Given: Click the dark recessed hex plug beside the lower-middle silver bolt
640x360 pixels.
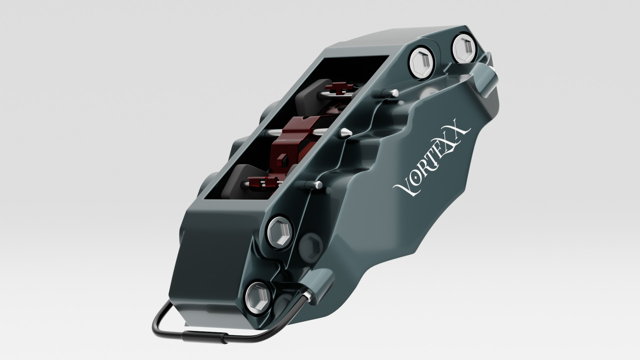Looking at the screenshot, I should coord(310,246).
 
